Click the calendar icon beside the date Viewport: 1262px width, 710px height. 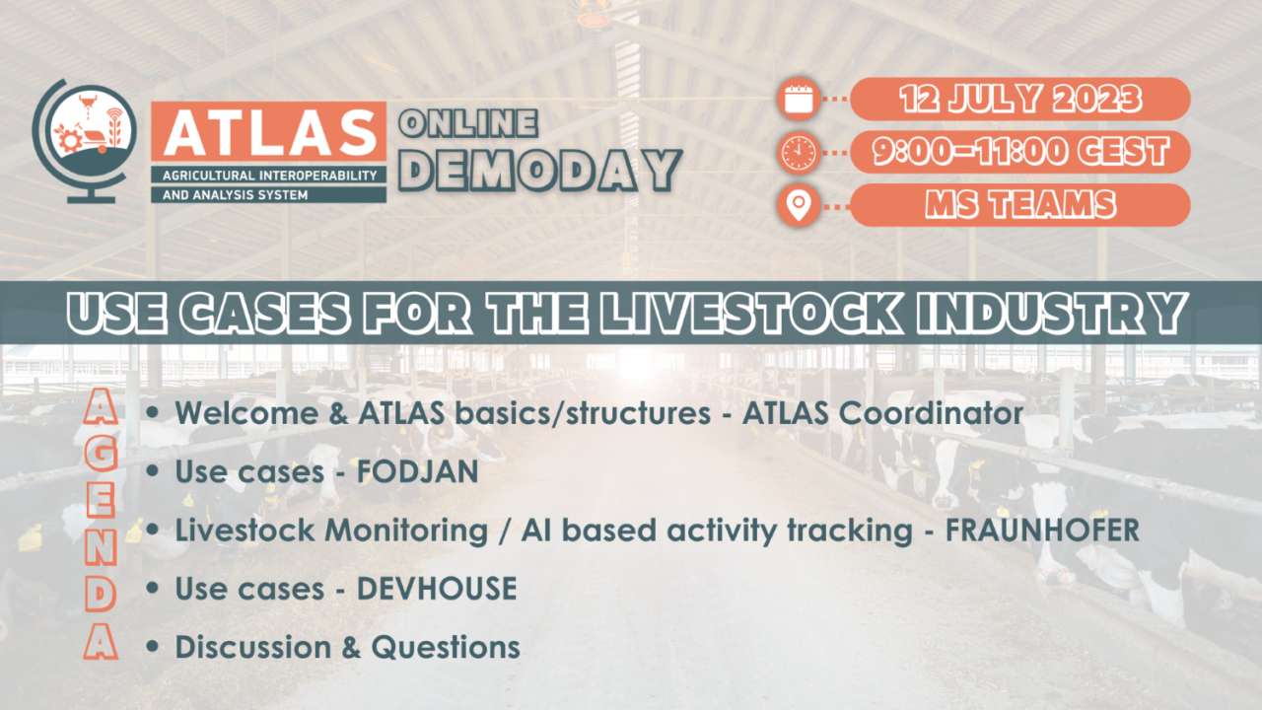pos(798,99)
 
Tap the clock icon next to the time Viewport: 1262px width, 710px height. pos(798,152)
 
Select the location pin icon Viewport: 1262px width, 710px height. pos(798,205)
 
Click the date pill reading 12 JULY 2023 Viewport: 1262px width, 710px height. pos(1019,99)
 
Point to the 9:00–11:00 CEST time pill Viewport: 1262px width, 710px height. pos(1019,152)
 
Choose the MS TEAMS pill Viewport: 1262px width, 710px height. pos(1019,205)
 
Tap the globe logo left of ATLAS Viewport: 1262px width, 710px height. pos(85,139)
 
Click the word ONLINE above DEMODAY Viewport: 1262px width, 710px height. pos(467,123)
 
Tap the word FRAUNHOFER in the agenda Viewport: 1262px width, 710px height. pos(1042,531)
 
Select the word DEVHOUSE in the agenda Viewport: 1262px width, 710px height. pos(437,589)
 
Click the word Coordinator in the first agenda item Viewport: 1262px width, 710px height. pos(932,414)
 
